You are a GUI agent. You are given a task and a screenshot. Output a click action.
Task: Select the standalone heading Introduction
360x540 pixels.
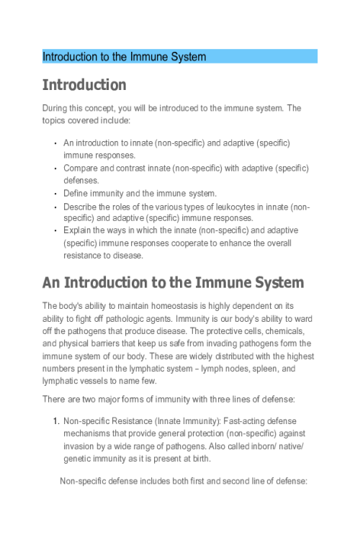[x=84, y=85]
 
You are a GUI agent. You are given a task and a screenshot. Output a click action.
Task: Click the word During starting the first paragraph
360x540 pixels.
[x=56, y=108]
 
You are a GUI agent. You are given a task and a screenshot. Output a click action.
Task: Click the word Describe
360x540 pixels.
[x=81, y=205]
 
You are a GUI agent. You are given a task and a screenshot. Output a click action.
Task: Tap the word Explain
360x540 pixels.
[x=79, y=230]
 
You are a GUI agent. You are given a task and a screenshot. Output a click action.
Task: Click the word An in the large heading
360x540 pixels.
[x=53, y=281]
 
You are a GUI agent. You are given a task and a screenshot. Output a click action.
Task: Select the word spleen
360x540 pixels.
[x=249, y=366]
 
